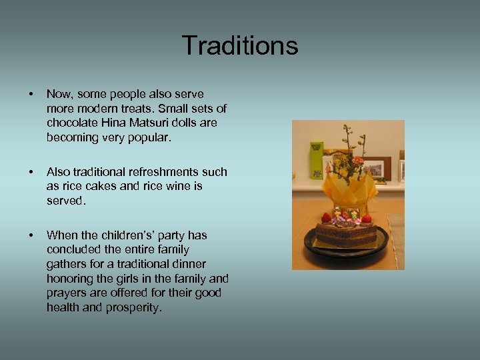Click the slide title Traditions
[239, 46]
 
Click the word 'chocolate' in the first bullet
[71, 123]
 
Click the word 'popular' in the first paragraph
[151, 138]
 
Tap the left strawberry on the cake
[326, 217]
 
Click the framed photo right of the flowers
[375, 167]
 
